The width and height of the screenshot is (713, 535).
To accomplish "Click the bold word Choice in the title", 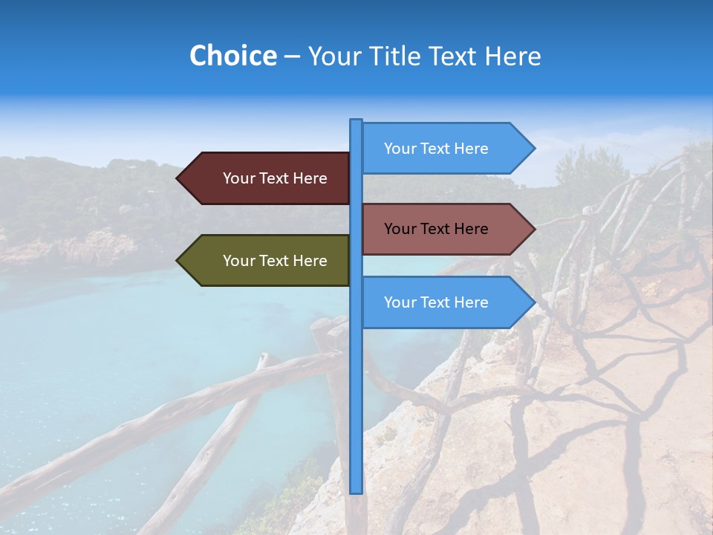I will coord(232,56).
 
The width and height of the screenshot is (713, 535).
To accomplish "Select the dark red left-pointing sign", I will coord(267,178).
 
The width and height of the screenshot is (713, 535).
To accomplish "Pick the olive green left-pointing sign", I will coord(267,261).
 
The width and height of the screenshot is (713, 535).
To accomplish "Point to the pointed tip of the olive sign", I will coord(178,261).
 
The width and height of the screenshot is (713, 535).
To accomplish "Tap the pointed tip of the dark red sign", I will coord(178,178).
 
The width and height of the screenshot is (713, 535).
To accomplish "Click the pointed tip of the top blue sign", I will coord(533,149).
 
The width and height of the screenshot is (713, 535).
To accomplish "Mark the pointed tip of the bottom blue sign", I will coord(533,302).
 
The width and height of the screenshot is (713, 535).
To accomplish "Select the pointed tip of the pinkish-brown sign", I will coord(533,229).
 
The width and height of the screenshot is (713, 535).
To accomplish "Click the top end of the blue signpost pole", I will coord(356,121).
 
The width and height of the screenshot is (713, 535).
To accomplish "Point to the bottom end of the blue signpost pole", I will coord(356,491).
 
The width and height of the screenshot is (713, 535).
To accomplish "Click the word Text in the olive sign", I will coord(275,261).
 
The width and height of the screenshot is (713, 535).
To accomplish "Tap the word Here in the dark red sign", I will coord(310,178).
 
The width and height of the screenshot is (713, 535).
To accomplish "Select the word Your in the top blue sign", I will coord(400,149).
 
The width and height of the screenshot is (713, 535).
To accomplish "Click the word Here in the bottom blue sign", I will coord(471,302).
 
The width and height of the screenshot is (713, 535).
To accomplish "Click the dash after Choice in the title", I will coord(292,56).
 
